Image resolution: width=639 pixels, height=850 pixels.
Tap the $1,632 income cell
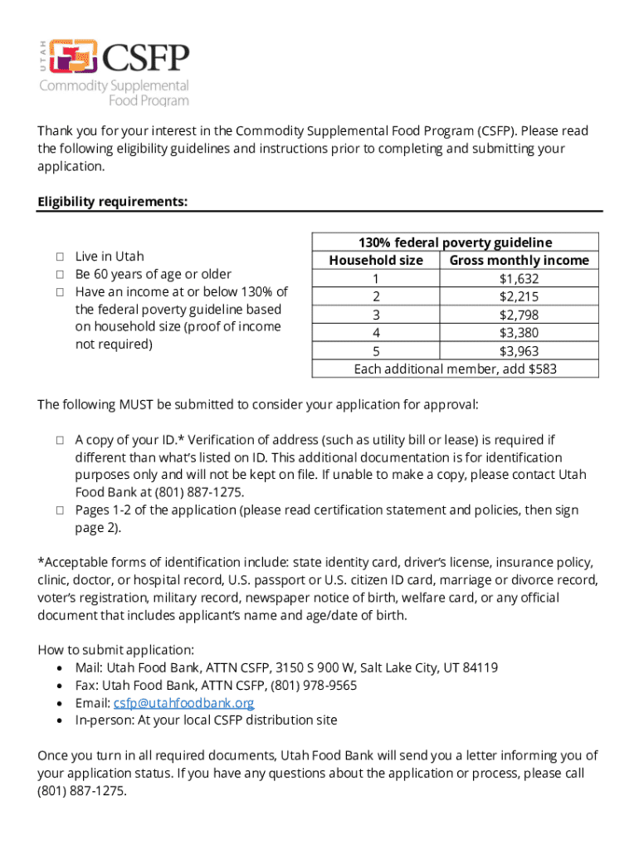point(519,278)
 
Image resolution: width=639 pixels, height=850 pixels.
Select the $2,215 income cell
point(519,296)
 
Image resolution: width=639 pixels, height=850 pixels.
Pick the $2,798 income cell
point(519,315)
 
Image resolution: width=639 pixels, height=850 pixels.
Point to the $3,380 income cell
point(519,332)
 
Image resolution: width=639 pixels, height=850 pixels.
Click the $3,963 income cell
point(519,350)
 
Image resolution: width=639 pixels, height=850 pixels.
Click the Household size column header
point(376,261)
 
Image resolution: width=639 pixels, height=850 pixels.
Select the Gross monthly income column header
point(519,261)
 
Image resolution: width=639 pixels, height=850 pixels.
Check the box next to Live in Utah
point(60,256)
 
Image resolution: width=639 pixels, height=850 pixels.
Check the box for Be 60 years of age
point(60,274)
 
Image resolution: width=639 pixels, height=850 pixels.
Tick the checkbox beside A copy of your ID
point(60,440)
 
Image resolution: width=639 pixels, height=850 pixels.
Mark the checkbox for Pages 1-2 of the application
point(60,510)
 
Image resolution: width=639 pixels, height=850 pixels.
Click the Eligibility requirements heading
point(112,202)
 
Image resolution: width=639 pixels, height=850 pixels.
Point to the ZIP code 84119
point(479,667)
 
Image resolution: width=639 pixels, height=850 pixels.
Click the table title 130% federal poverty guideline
point(455,242)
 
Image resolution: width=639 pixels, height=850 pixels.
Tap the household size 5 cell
point(376,350)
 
